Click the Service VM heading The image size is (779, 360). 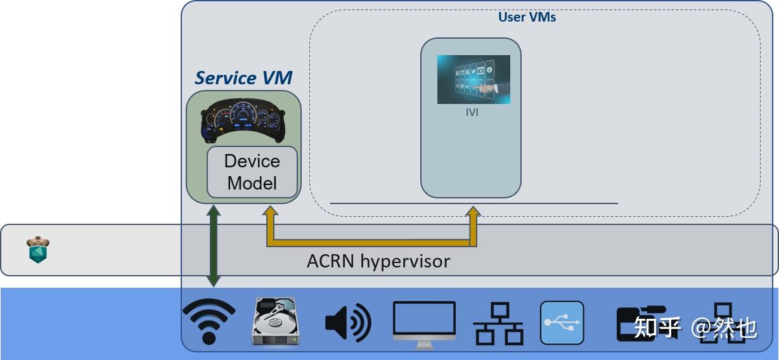(x=243, y=78)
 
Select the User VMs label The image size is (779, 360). (x=527, y=17)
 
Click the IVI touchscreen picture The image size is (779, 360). (x=473, y=79)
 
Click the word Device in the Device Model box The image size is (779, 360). (x=252, y=161)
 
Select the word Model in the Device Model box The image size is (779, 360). (x=252, y=183)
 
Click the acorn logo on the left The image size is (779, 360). (x=38, y=250)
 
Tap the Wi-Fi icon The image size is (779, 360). (x=209, y=321)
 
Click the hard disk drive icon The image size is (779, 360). (x=275, y=323)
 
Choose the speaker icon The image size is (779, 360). (x=347, y=323)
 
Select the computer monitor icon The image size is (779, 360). (x=424, y=324)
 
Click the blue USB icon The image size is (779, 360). (x=562, y=323)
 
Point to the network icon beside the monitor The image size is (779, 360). (x=498, y=323)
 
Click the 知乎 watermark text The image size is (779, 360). (x=657, y=327)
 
